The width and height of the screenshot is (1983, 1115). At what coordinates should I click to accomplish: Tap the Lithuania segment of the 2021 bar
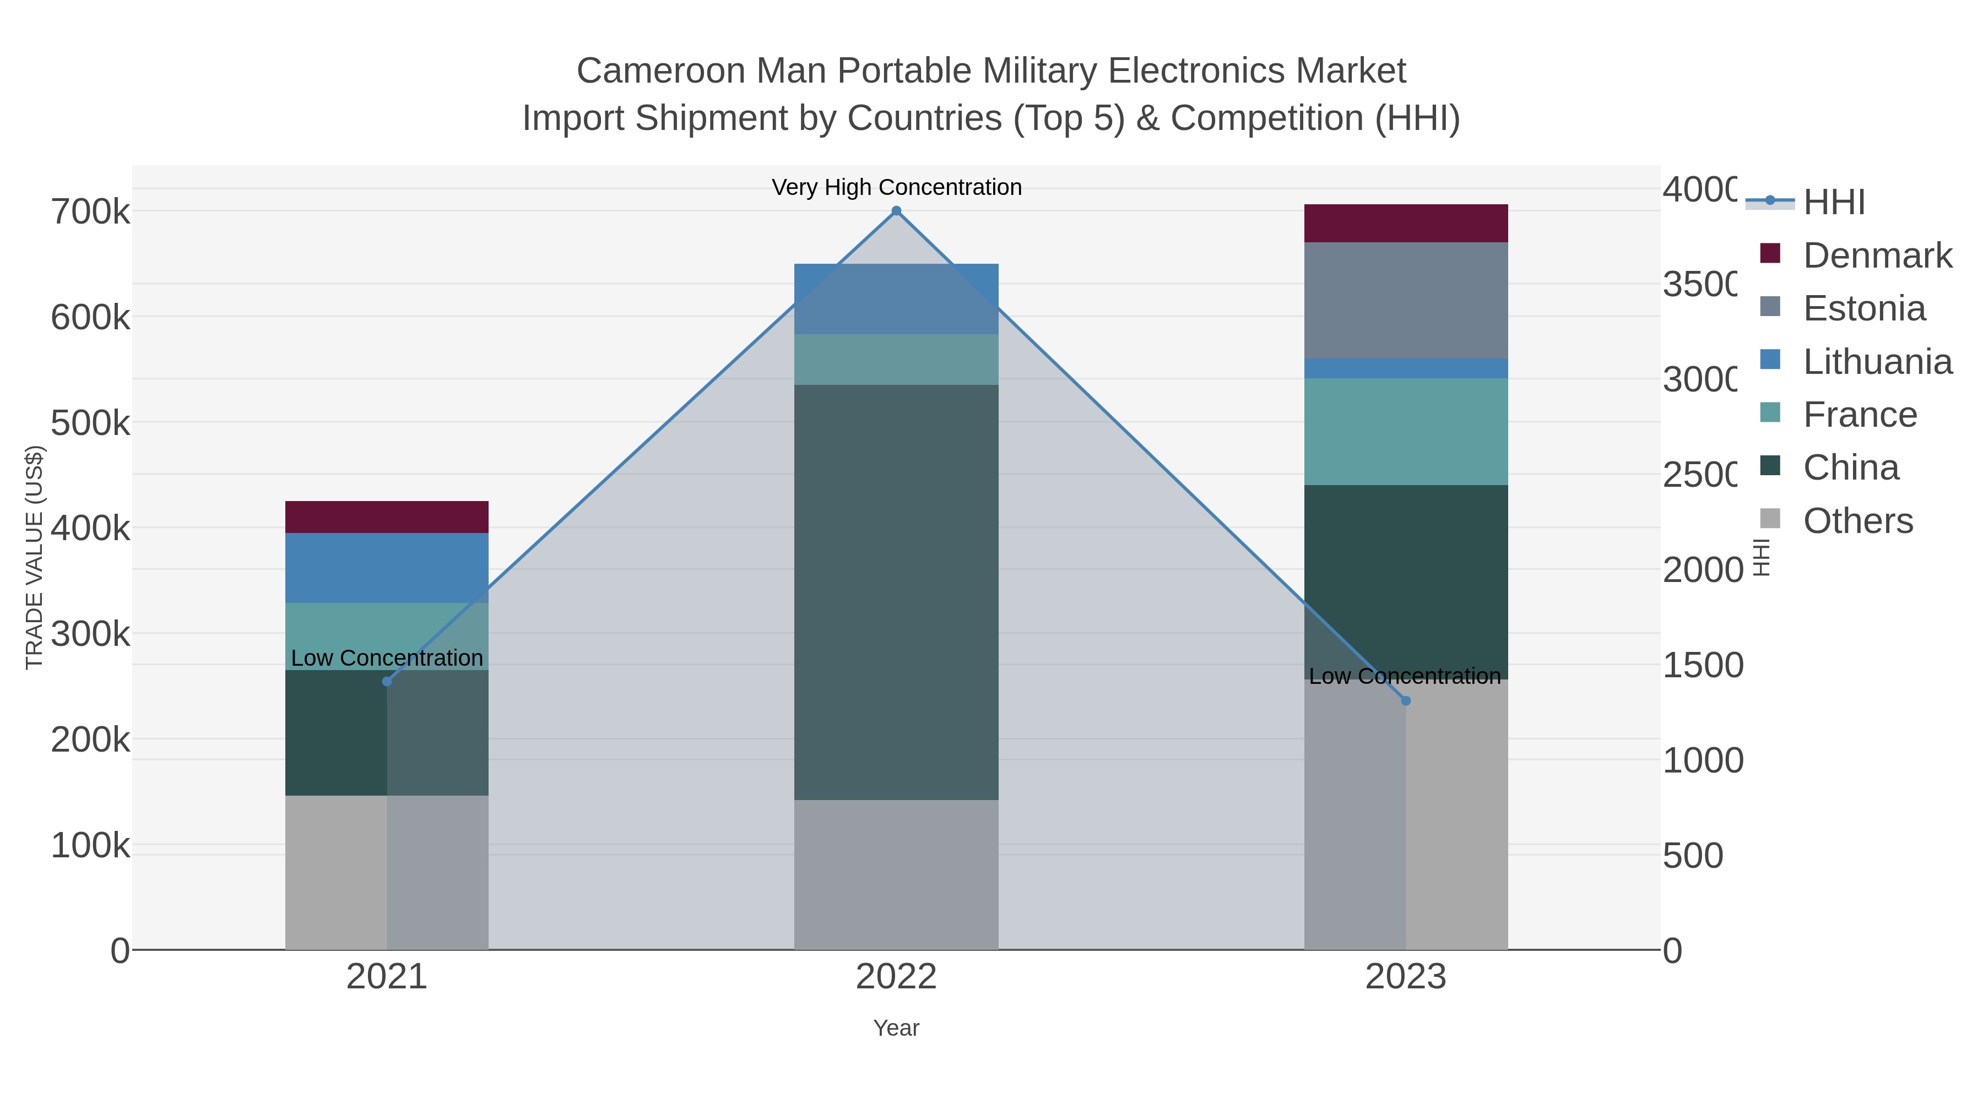click(x=387, y=567)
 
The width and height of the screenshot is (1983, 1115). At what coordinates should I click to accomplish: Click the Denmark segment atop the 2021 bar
click(x=387, y=516)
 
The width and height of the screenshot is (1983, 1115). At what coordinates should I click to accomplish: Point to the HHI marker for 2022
click(x=896, y=211)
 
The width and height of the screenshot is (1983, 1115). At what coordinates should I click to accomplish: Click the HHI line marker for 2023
click(x=1406, y=700)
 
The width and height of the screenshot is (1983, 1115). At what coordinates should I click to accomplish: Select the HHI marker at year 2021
click(x=387, y=681)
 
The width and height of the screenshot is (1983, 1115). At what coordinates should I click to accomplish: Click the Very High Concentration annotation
click(x=896, y=187)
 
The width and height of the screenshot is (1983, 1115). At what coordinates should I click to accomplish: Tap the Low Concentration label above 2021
click(x=387, y=658)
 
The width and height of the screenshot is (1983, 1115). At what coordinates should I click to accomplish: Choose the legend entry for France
click(x=1859, y=415)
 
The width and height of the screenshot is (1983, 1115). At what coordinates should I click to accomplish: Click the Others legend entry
click(x=1857, y=521)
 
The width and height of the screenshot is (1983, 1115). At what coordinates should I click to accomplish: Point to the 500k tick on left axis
click(x=90, y=422)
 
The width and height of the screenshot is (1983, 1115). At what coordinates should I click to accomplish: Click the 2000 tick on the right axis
click(x=1702, y=570)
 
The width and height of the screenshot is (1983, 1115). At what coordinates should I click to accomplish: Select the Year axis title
click(x=896, y=1028)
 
